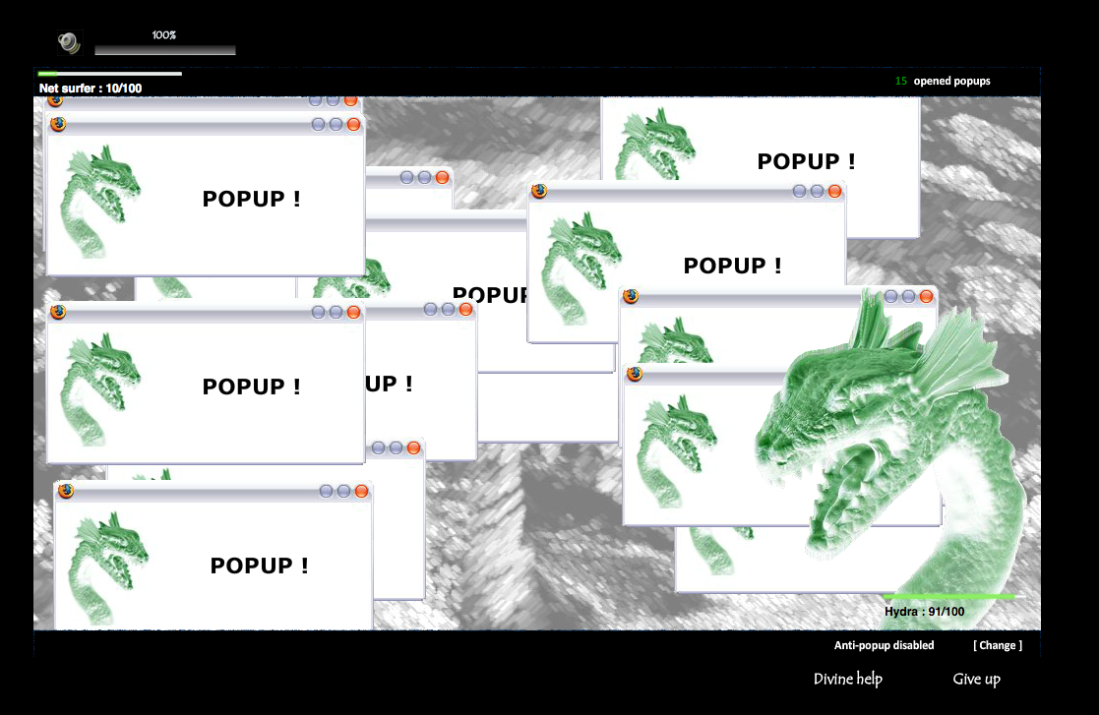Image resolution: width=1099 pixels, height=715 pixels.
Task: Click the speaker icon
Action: (x=69, y=42)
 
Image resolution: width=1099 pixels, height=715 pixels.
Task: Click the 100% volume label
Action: (x=164, y=35)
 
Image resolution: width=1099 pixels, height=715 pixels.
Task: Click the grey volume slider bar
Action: (x=164, y=50)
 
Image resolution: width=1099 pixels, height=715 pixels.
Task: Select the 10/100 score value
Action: (x=124, y=89)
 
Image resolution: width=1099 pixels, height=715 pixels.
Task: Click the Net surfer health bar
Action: (x=110, y=73)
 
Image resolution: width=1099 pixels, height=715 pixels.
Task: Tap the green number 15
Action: (x=900, y=82)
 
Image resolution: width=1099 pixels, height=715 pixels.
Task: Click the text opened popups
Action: (x=951, y=82)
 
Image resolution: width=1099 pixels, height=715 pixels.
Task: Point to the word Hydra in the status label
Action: (x=900, y=612)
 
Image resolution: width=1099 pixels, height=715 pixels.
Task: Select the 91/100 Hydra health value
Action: (x=946, y=612)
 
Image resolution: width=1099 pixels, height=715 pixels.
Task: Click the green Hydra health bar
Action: (x=949, y=597)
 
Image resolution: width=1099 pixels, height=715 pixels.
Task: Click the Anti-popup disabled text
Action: (x=884, y=645)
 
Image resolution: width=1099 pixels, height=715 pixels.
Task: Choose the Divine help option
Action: (x=848, y=679)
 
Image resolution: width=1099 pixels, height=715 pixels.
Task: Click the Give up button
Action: (x=976, y=679)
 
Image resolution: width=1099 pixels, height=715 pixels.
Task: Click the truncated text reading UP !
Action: (x=389, y=384)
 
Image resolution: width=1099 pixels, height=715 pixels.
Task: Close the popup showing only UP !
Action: (x=465, y=310)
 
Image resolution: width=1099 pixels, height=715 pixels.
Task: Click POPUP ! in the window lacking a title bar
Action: (x=806, y=161)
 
